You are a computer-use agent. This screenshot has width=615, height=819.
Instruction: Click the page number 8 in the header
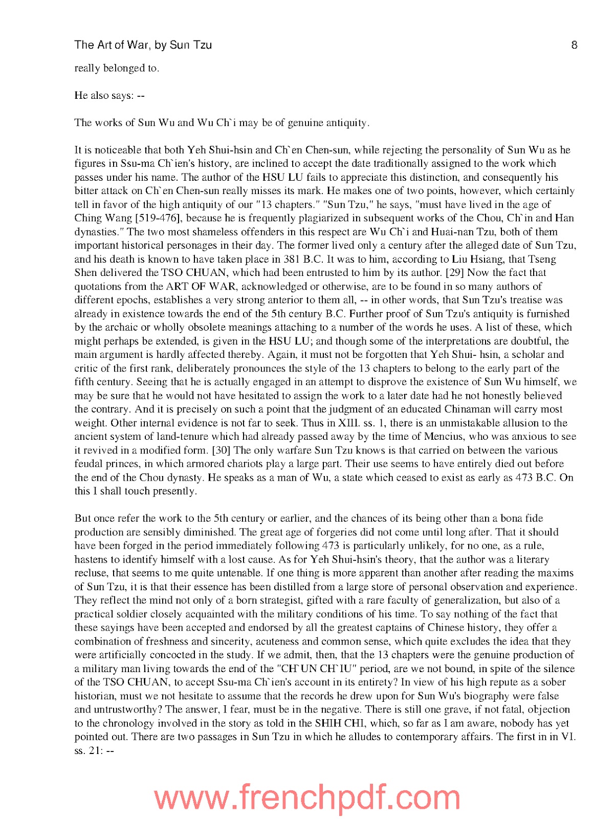tap(574, 45)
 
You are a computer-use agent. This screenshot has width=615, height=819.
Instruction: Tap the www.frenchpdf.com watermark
tap(307, 797)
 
